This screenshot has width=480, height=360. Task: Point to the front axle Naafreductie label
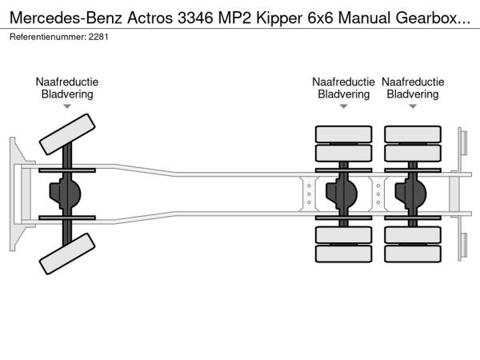coord(67,82)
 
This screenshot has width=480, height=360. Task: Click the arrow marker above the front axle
coord(67,106)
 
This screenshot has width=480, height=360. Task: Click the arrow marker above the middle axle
coord(344,106)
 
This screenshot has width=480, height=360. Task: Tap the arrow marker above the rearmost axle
coord(413,106)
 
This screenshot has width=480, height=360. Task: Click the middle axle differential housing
coord(344,194)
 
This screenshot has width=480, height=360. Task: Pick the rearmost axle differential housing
coord(413,194)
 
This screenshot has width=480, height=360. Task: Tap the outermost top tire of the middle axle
coord(344,134)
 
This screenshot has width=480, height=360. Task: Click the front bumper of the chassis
coord(14,194)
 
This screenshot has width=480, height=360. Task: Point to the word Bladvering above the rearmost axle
coord(413,94)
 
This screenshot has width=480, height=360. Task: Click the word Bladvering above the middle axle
coord(344,94)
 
